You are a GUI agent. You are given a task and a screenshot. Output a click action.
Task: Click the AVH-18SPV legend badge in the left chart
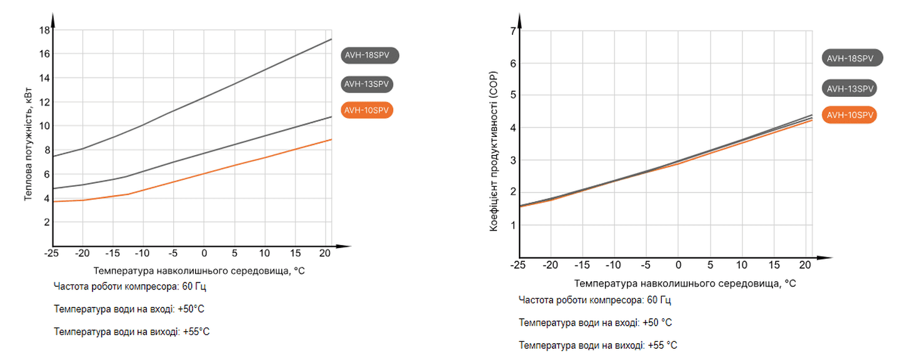370,55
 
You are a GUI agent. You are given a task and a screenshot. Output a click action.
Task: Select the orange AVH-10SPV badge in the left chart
367,111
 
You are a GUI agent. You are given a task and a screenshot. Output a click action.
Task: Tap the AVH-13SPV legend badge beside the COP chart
850,89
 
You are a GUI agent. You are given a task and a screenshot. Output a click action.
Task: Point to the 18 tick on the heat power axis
44,30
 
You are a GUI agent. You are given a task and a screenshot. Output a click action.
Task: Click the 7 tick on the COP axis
512,31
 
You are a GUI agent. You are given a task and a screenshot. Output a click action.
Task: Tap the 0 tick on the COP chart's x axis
678,265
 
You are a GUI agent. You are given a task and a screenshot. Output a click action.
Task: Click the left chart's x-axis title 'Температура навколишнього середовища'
199,271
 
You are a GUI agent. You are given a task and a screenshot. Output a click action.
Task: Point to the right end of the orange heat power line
331,139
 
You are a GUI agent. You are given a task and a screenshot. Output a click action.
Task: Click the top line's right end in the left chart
331,39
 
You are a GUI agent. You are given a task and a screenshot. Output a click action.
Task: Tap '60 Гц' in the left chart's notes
192,287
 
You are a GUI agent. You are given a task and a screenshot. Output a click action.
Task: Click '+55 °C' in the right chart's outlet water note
662,345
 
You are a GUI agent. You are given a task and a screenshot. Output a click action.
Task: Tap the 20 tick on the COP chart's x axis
805,265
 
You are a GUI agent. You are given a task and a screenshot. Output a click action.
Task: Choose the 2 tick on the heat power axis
46,222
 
